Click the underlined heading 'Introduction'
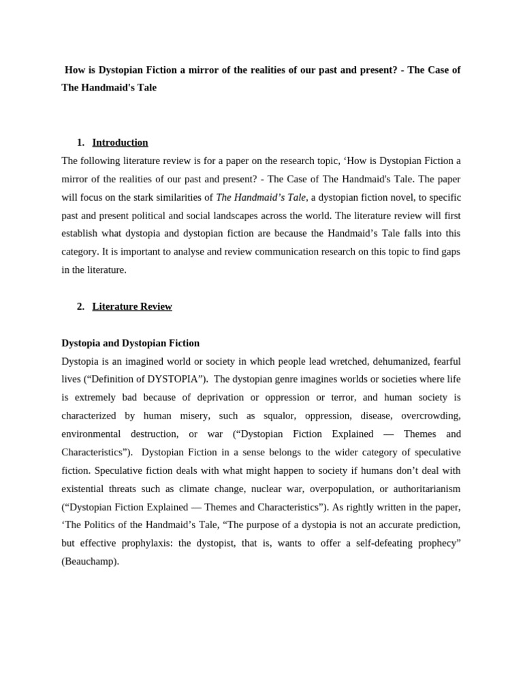point(120,142)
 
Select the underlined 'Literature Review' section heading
point(132,306)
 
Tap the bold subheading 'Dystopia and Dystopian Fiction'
point(130,343)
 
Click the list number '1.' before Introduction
point(80,142)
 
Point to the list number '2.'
point(80,306)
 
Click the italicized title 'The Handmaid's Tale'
point(261,197)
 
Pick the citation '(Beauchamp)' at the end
point(90,562)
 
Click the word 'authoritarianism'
point(423,489)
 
